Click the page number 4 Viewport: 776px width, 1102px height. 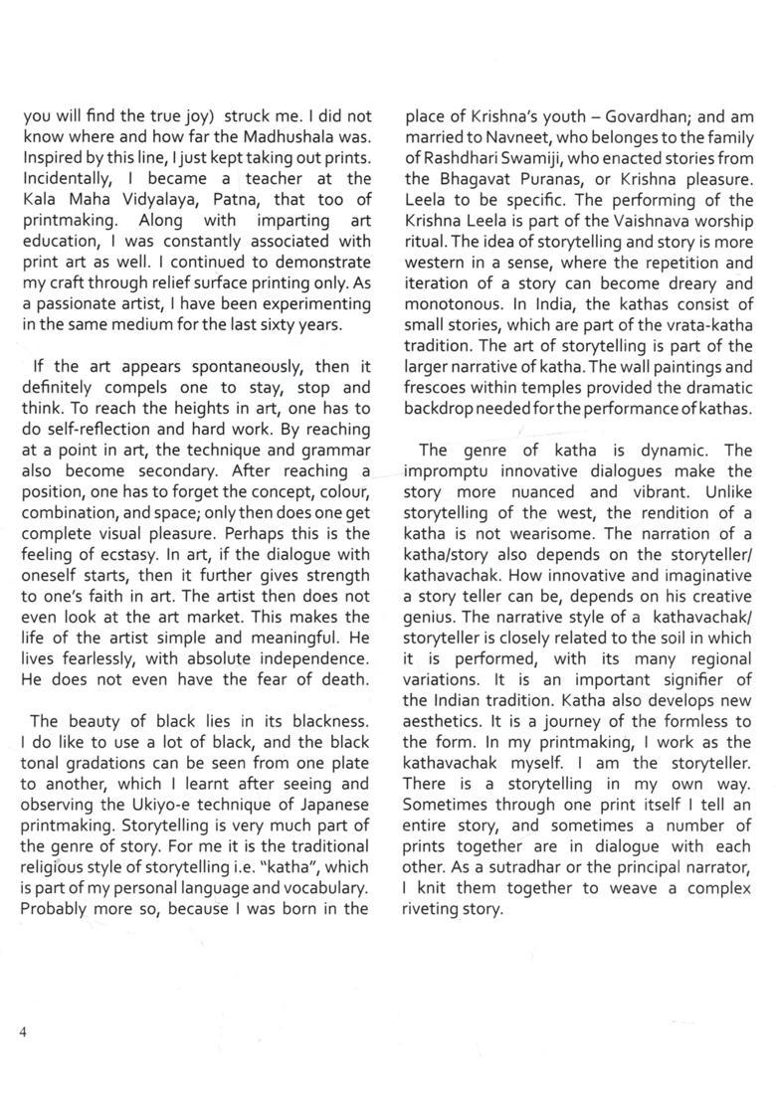21,1032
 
